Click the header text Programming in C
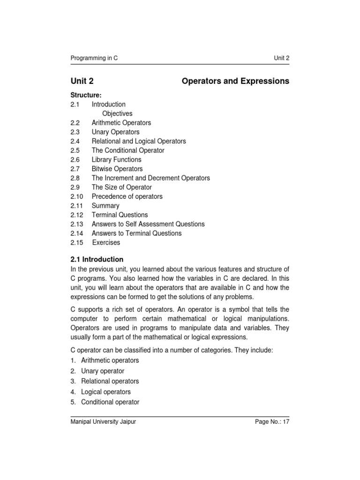pyautogui.click(x=94, y=58)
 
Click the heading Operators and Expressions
pyautogui.click(x=235, y=81)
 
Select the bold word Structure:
pyautogui.click(x=86, y=95)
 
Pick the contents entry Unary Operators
pyautogui.click(x=115, y=132)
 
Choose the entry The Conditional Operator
pyautogui.click(x=128, y=150)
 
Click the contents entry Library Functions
pyautogui.click(x=116, y=159)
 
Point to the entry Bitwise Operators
pyautogui.click(x=117, y=169)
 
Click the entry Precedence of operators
pyautogui.click(x=127, y=196)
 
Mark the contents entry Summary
pyautogui.click(x=105, y=206)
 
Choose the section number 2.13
pyautogui.click(x=76, y=224)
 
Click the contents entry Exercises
pyautogui.click(x=106, y=242)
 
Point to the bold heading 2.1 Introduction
pyautogui.click(x=97, y=259)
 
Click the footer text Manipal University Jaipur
pyautogui.click(x=103, y=422)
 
